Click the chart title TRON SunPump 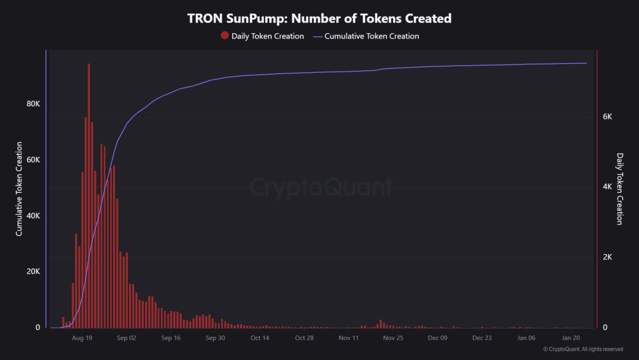[x=319, y=18]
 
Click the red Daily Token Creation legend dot [x=225, y=36]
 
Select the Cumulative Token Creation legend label [x=372, y=36]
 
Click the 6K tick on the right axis [x=607, y=117]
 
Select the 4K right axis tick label [x=607, y=187]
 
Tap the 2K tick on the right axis [x=607, y=257]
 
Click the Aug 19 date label [x=82, y=338]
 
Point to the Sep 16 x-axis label [x=170, y=338]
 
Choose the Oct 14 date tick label [x=260, y=338]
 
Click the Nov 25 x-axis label [x=393, y=338]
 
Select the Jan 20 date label [x=571, y=338]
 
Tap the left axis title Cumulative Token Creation [x=19, y=189]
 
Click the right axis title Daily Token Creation [x=620, y=189]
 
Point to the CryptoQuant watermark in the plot [x=321, y=187]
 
